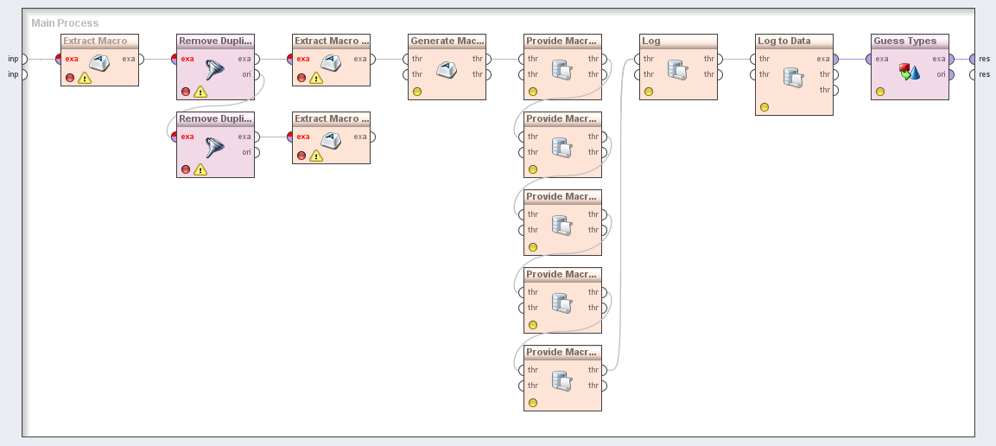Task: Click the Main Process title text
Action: point(65,23)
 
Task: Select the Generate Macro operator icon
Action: point(447,69)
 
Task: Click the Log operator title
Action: point(651,41)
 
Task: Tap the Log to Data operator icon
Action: point(794,77)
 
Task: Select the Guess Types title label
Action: point(904,41)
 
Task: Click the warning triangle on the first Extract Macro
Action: point(85,78)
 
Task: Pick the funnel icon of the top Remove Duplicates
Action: point(215,71)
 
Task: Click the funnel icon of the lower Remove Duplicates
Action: point(215,149)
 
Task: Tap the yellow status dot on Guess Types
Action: point(880,91)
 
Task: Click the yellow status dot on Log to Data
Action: point(764,107)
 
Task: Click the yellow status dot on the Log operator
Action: point(649,91)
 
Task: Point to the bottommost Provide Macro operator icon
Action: point(562,379)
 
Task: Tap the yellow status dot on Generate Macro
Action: point(417,91)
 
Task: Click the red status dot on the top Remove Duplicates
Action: point(186,91)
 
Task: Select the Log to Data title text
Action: point(784,41)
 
